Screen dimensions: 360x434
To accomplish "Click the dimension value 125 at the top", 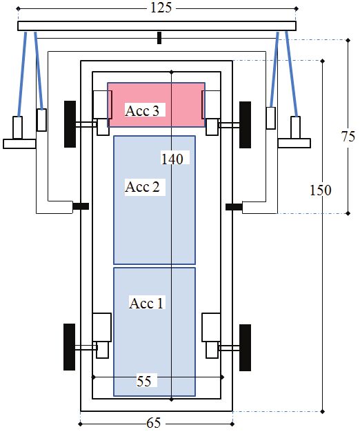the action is (x=161, y=8).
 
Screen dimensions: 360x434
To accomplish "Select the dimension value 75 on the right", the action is (x=348, y=137).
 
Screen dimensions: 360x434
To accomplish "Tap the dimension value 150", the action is (x=320, y=190).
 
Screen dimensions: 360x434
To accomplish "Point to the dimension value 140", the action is (x=172, y=159).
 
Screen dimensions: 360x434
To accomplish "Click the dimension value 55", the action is (x=144, y=382).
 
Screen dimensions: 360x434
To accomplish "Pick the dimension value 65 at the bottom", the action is (x=153, y=423).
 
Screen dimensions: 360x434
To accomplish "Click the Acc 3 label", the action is (x=142, y=110).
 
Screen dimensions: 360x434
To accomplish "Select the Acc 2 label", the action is (x=142, y=186).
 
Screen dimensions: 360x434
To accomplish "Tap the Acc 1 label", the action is (x=146, y=303).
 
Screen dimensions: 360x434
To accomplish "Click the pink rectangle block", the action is (x=156, y=105).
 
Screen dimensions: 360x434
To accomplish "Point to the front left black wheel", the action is (x=70, y=124).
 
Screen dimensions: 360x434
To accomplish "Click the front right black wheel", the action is (x=245, y=125).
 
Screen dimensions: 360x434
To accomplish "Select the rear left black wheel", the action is (x=69, y=347).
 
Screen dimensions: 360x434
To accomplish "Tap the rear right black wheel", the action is (x=245, y=348).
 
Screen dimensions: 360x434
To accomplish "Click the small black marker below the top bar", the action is (x=159, y=38).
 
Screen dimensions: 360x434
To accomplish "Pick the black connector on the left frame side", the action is (x=81, y=206).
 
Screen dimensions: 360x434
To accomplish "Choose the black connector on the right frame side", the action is (x=234, y=207).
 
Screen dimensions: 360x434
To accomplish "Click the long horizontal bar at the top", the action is (x=157, y=26).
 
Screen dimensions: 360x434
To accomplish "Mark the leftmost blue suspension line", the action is (x=22, y=74).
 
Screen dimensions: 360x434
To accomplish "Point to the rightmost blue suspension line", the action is (x=291, y=74).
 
